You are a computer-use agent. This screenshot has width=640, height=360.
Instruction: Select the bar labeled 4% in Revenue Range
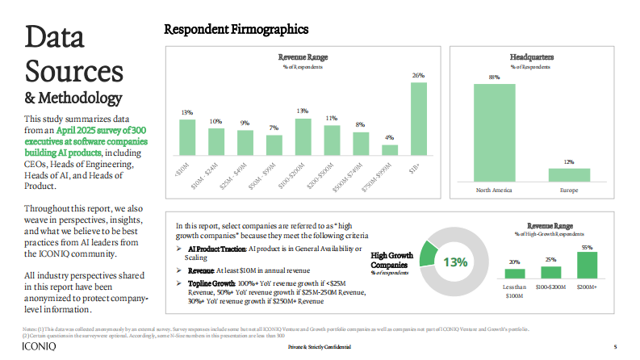click(x=390, y=149)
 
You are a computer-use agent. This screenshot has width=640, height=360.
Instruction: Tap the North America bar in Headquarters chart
click(x=494, y=132)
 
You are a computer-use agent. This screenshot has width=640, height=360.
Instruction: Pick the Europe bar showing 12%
click(x=569, y=174)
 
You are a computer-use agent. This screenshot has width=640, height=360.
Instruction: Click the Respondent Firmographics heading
click(x=236, y=30)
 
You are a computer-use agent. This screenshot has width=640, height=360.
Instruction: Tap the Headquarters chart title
click(x=532, y=57)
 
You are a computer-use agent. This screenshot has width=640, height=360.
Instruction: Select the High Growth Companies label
click(x=391, y=260)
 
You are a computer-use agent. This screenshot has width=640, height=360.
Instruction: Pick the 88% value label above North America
click(x=494, y=77)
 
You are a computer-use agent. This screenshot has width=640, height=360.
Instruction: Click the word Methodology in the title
click(x=80, y=98)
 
